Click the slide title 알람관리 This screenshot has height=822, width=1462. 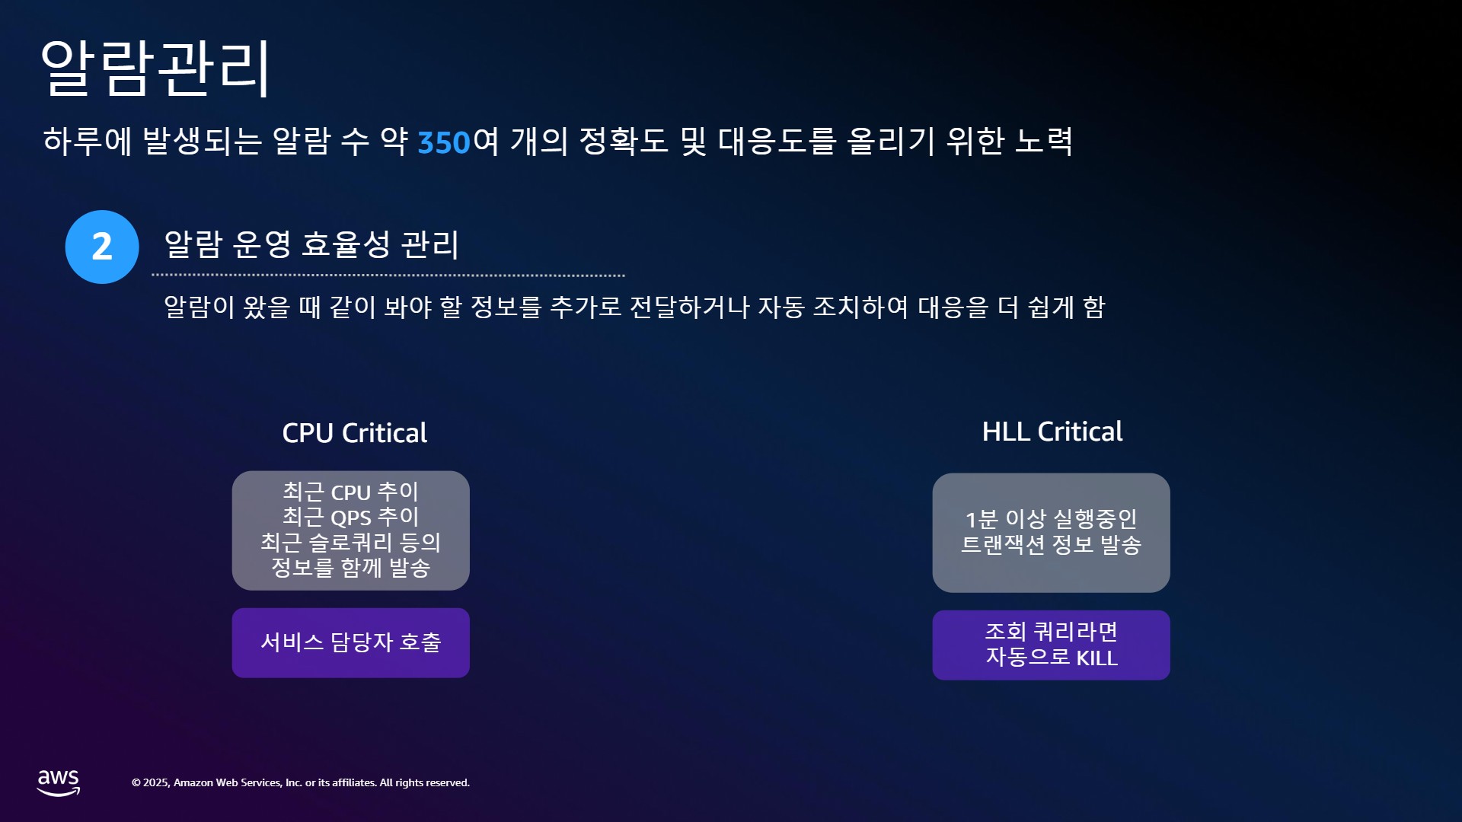(155, 68)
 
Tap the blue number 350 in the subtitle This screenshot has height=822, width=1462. (444, 142)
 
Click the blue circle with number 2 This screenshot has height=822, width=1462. (102, 247)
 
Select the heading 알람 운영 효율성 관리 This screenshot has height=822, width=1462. (311, 244)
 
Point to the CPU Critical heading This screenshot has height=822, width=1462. (355, 433)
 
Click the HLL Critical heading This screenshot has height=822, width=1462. (1052, 432)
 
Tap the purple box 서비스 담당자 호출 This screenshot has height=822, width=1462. (351, 642)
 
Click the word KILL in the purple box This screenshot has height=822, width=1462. (1096, 658)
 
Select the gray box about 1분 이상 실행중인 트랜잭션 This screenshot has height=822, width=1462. (1051, 533)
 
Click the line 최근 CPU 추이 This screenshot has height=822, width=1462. (351, 492)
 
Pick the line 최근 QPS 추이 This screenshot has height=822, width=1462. (351, 517)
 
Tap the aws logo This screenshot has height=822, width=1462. (59, 782)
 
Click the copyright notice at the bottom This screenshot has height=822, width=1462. (301, 782)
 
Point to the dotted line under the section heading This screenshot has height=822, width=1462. (388, 276)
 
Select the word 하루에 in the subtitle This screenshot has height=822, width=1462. (88, 142)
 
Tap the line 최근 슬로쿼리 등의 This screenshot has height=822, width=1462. (351, 542)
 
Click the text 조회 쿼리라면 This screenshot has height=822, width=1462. (1052, 632)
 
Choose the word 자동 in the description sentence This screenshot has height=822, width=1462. (781, 307)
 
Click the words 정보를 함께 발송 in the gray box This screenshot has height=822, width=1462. (351, 567)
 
